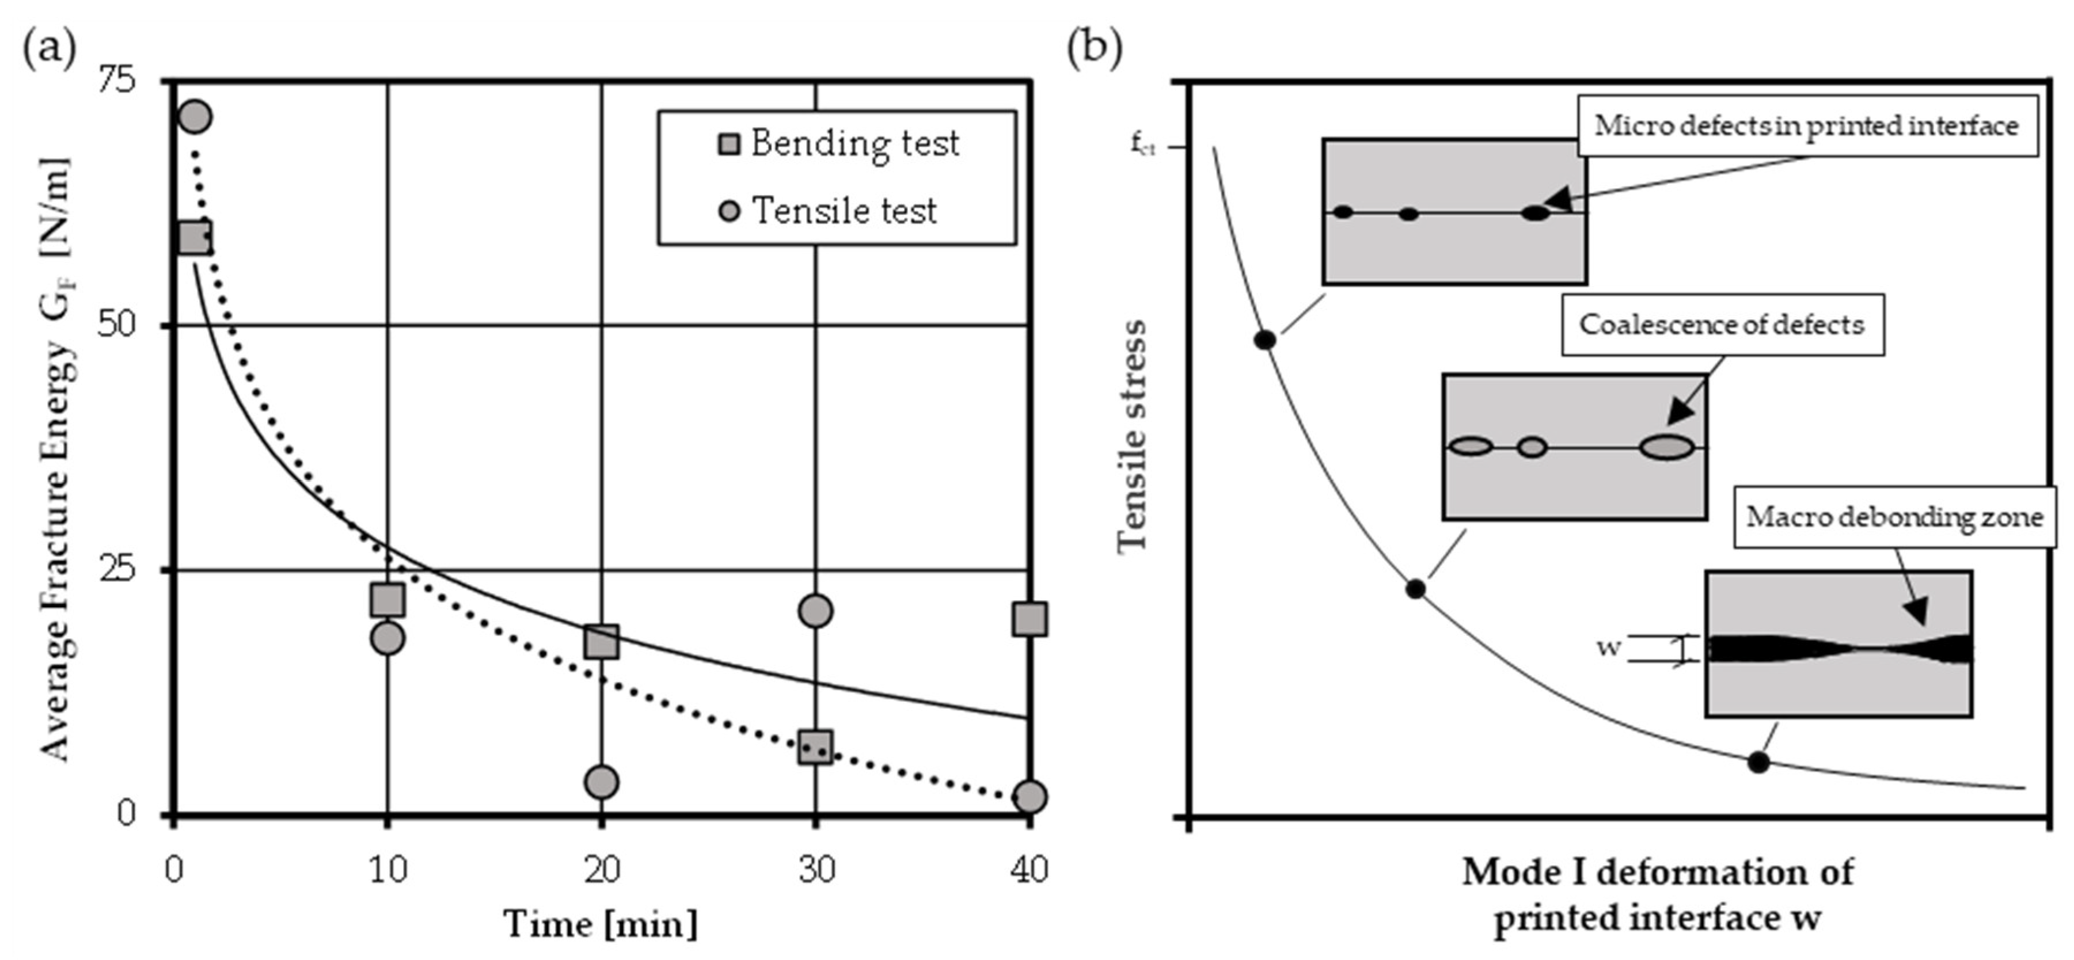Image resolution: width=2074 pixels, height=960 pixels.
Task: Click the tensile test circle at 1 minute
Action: coord(195,117)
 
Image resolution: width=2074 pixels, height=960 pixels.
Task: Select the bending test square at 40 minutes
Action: coord(1030,619)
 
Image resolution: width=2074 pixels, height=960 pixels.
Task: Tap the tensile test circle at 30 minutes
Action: coord(815,611)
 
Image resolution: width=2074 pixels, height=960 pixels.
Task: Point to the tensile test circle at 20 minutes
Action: coord(602,782)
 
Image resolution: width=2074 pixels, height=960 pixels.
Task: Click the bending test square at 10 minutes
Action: coord(388,600)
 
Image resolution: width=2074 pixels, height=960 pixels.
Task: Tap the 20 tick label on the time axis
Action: coord(602,870)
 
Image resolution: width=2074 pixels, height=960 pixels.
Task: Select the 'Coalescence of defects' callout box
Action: coord(1722,324)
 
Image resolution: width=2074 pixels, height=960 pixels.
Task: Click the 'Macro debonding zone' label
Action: coord(1894,517)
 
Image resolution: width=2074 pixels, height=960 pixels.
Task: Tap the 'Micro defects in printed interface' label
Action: coord(1807,125)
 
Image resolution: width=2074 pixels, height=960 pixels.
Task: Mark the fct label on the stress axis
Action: coord(1142,146)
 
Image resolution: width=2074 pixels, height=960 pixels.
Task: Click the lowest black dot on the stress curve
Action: coord(1758,762)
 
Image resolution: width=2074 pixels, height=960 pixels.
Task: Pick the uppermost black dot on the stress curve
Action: coord(1265,340)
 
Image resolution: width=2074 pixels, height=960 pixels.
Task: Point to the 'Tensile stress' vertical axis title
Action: coord(1132,435)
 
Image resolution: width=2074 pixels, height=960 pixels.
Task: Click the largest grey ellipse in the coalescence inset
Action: coord(1666,447)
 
